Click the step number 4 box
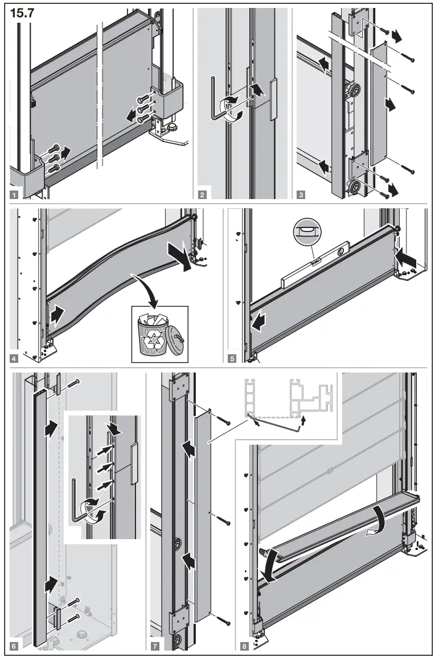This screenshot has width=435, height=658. pyautogui.click(x=14, y=358)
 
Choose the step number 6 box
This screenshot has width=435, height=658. pyautogui.click(x=14, y=645)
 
